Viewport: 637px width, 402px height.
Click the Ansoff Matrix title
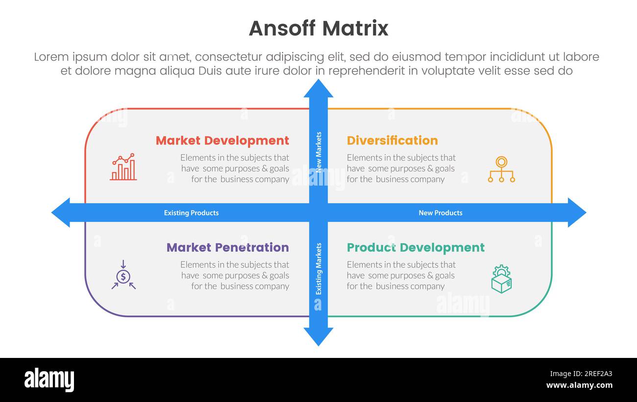318,28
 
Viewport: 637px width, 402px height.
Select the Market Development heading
222,141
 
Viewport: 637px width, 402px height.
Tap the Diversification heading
392,141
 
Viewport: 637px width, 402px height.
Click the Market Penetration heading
227,247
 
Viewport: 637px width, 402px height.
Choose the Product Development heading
416,247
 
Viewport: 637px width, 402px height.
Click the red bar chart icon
123,167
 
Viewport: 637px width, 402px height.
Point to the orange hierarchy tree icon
501,169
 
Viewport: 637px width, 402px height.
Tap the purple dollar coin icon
123,275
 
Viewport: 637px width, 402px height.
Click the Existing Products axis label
191,213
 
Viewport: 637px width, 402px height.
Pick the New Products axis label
440,213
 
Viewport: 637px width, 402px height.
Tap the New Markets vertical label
318,152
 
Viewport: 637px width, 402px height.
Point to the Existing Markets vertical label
318,269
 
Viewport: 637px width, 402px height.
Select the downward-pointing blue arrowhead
318,336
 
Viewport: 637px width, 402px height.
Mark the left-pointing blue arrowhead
61,213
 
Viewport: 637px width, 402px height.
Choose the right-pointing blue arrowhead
576,213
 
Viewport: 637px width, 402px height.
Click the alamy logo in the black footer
49,380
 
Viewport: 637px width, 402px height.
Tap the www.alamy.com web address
579,385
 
